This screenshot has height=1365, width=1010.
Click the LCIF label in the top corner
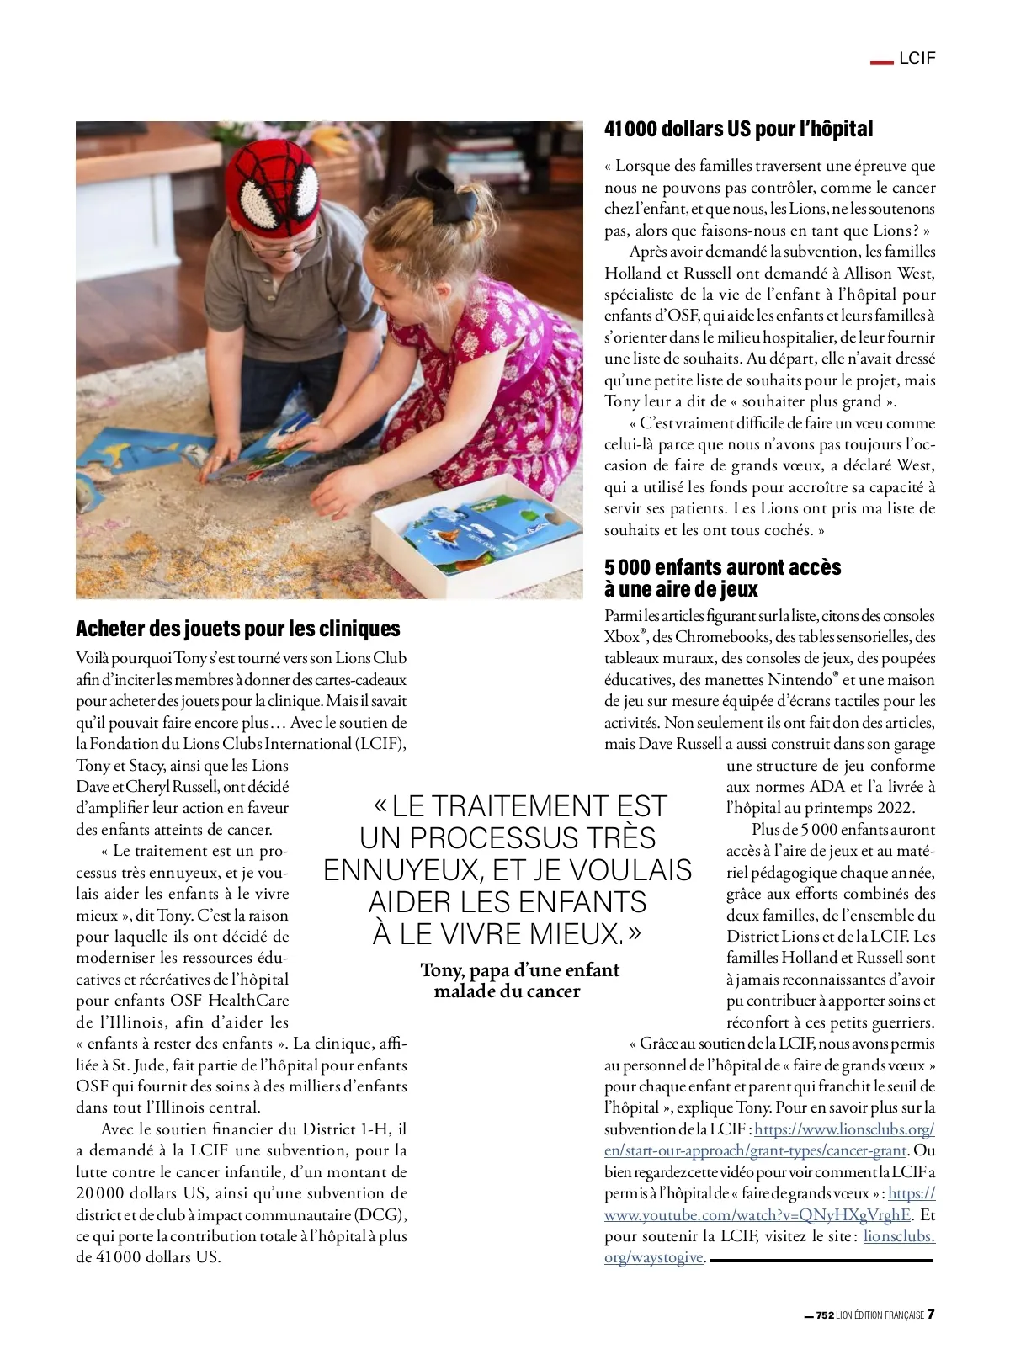click(x=917, y=58)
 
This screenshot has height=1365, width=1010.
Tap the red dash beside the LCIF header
click(x=880, y=61)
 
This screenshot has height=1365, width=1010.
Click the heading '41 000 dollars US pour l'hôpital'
click(x=738, y=129)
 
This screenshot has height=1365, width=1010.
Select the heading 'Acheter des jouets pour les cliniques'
click(x=237, y=629)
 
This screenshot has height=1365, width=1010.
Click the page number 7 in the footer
click(x=931, y=1315)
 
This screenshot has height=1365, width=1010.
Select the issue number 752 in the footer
click(x=825, y=1315)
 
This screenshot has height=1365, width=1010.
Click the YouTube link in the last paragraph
click(x=757, y=1214)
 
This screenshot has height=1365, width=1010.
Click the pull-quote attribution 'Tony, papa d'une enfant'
click(x=519, y=970)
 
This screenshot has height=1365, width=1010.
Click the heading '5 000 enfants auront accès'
click(x=722, y=567)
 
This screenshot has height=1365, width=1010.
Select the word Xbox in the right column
click(x=621, y=637)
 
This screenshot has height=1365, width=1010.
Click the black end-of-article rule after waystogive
click(x=821, y=1260)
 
